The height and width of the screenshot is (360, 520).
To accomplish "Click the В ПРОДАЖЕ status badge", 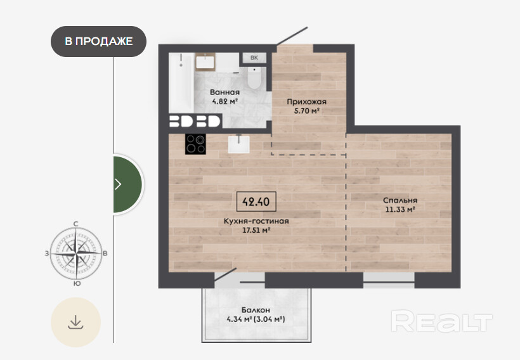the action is coord(98,41).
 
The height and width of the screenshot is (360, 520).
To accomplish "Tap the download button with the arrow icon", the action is coord(75,322).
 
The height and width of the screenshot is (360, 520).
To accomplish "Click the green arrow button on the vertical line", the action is coord(127,184).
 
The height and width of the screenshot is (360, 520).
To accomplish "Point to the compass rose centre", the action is coord(76,254).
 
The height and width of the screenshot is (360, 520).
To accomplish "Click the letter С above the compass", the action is coord(76,224).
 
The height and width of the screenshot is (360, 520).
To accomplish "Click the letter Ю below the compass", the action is coord(77,283).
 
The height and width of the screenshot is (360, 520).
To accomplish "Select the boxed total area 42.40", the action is coord(256,201).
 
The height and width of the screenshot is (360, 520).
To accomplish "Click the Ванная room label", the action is coord(225,92).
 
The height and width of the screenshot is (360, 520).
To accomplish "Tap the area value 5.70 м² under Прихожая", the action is coord(307,111).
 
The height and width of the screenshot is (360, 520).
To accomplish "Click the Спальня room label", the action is coord(400,200).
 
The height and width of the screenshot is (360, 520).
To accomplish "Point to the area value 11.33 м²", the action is coord(400,210).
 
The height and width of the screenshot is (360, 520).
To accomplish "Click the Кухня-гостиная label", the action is coord(256,221).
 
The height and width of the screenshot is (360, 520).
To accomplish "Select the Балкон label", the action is coord(256,311).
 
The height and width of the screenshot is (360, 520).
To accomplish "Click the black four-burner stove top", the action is coord(195,144).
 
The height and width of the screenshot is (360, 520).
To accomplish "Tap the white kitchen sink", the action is coord(239,145).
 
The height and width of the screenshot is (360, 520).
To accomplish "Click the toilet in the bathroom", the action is coord(254,78).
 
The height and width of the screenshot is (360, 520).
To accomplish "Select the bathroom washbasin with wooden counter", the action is coord(205,62).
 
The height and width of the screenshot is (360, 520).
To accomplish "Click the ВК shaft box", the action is coord(254,58).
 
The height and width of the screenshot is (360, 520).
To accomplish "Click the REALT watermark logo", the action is coord(442,321).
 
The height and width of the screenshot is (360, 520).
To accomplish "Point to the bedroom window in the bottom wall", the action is coord(389,280).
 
